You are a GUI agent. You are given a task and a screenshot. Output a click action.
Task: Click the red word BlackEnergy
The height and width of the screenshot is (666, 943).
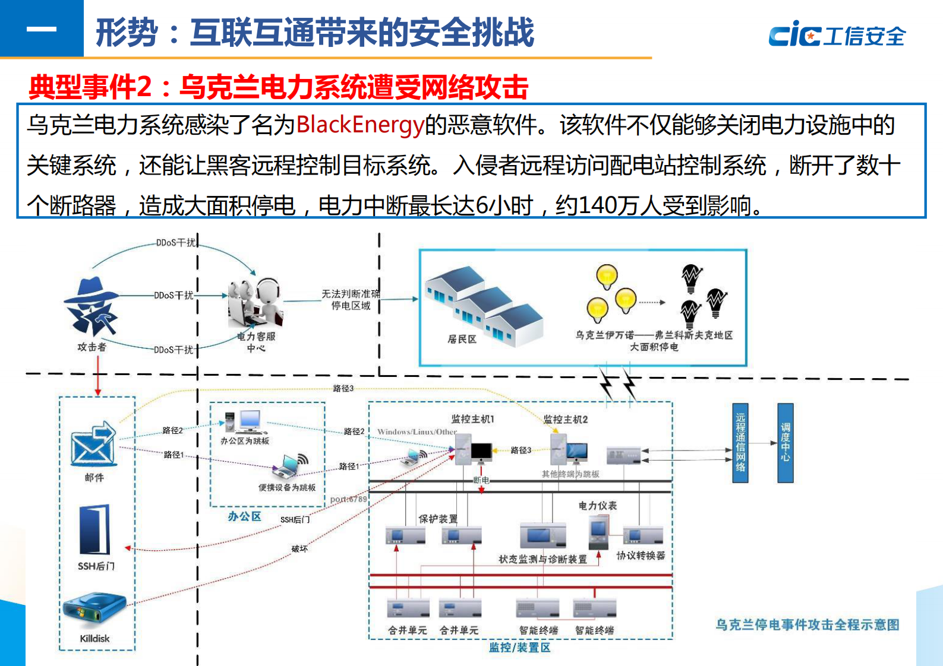point(360,125)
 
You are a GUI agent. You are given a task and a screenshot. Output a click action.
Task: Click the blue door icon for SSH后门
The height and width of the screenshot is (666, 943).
point(95,529)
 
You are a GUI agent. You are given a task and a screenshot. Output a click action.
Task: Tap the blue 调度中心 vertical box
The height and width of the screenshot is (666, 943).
point(785,443)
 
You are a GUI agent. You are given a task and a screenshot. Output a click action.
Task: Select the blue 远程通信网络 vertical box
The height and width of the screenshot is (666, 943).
point(740,443)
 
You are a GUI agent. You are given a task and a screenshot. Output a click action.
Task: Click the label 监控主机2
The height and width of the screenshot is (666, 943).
point(566,420)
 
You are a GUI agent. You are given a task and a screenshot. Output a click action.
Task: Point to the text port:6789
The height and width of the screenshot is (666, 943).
point(349,499)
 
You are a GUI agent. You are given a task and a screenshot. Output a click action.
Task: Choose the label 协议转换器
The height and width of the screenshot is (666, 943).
point(641,556)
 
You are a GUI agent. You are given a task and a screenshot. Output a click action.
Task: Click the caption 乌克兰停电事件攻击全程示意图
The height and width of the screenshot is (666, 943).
point(807,624)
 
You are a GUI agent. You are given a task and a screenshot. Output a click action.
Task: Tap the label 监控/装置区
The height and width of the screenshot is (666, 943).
point(519,648)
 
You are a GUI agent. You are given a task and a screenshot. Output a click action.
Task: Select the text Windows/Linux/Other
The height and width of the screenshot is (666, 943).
point(417,432)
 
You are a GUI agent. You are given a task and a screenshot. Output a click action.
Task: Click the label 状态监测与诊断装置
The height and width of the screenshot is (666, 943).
point(543,559)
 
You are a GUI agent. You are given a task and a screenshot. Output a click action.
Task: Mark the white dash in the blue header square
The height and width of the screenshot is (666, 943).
point(42,28)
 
